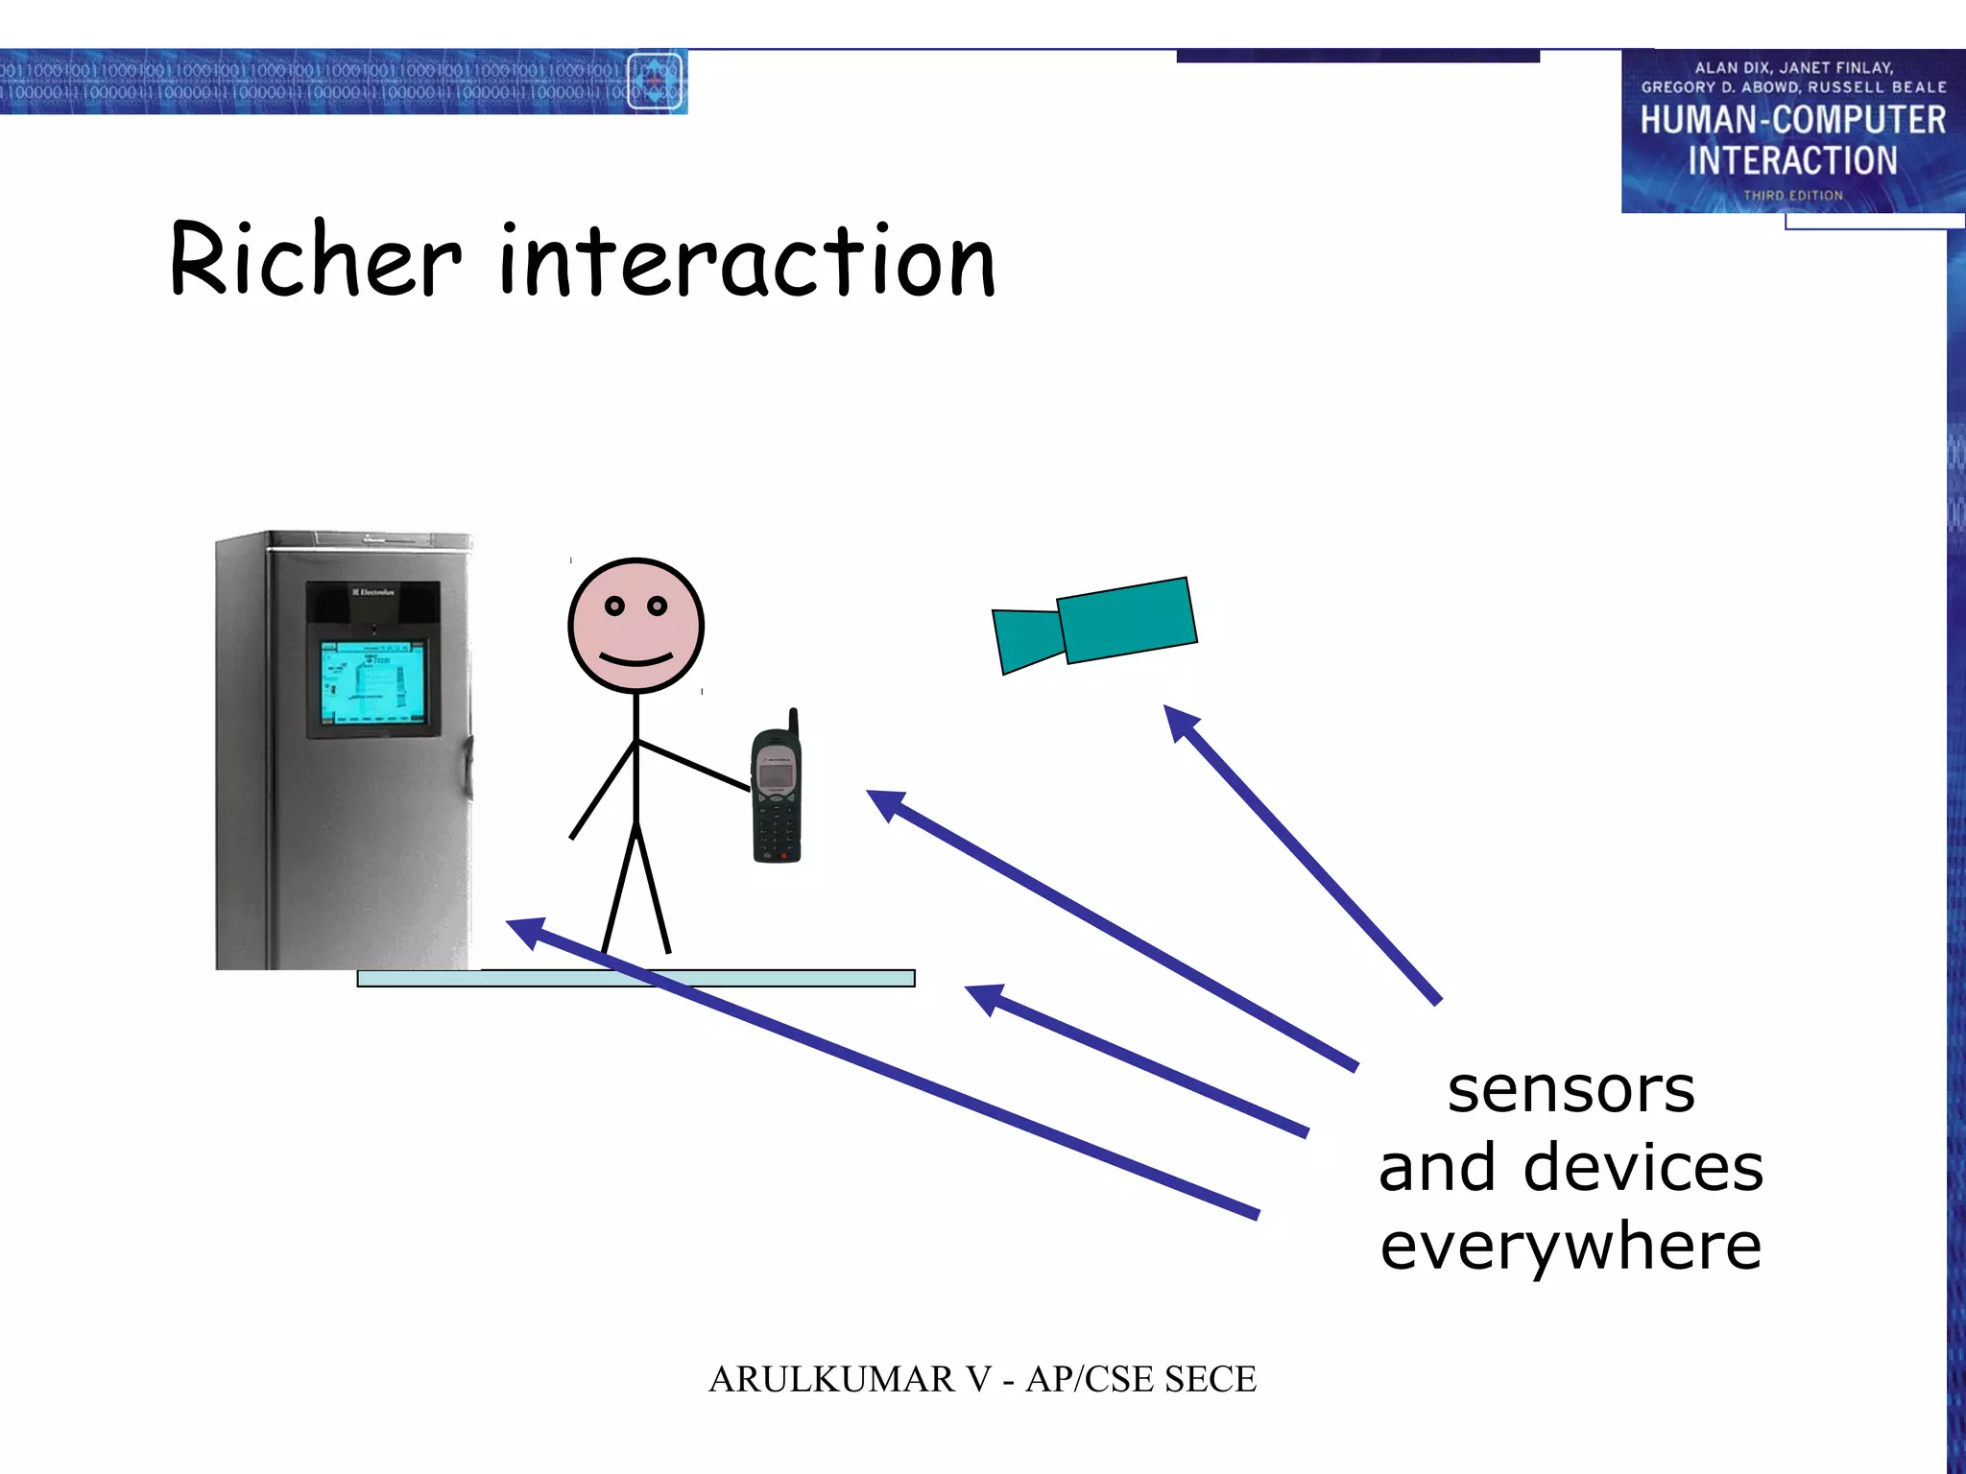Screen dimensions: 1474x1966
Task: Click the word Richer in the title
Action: pyautogui.click(x=316, y=259)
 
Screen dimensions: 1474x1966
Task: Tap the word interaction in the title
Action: pyautogui.click(x=748, y=261)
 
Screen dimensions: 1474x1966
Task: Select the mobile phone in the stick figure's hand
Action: pyautogui.click(x=777, y=791)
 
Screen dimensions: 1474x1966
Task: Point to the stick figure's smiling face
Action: pyautogui.click(x=635, y=626)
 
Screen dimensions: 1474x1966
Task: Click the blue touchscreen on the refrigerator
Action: pyautogui.click(x=372, y=682)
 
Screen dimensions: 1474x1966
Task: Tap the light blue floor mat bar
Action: pyautogui.click(x=635, y=978)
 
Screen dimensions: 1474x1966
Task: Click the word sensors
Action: pyautogui.click(x=1570, y=1090)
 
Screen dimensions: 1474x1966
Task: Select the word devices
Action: pyautogui.click(x=1642, y=1168)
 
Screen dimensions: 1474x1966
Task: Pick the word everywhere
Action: pyautogui.click(x=1570, y=1247)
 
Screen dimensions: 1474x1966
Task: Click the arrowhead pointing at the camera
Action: pyautogui.click(x=1181, y=723)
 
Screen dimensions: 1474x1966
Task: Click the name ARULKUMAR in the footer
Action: pyautogui.click(x=831, y=1380)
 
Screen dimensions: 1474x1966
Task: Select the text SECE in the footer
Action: pyautogui.click(x=1210, y=1380)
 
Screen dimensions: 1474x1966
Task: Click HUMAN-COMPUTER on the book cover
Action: pyautogui.click(x=1792, y=121)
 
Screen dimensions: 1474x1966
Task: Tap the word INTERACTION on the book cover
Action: pyautogui.click(x=1792, y=160)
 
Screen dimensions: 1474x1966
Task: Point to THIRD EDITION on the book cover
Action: pyautogui.click(x=1792, y=196)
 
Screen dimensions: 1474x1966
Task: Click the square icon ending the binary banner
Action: pyautogui.click(x=655, y=82)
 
